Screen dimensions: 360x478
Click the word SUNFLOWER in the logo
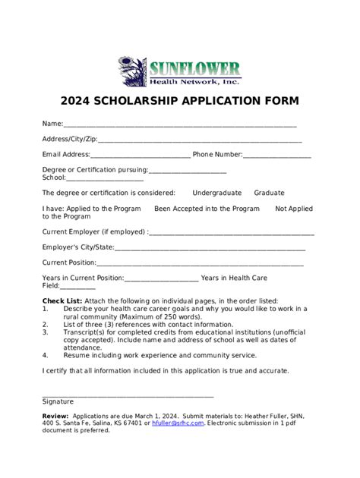pyautogui.click(x=194, y=68)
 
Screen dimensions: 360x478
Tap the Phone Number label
pyautogui.click(x=217, y=155)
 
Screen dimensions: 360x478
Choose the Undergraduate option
pyautogui.click(x=216, y=193)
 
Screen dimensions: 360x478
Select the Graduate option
pyautogui.click(x=269, y=193)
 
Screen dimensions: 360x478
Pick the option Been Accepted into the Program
pyautogui.click(x=207, y=209)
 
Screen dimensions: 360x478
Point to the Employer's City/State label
pyautogui.click(x=78, y=247)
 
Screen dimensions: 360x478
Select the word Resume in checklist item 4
pyautogui.click(x=77, y=354)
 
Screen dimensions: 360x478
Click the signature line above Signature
pyautogui.click(x=128, y=395)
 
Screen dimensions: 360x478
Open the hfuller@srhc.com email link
pyautogui.click(x=178, y=423)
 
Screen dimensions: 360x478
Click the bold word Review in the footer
pyautogui.click(x=55, y=416)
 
